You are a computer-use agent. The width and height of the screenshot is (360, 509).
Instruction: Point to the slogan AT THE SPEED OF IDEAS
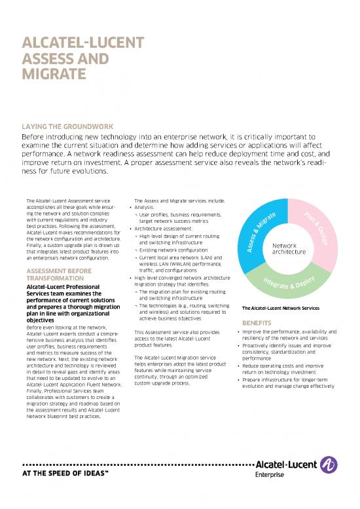pyautogui.click(x=67, y=474)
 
